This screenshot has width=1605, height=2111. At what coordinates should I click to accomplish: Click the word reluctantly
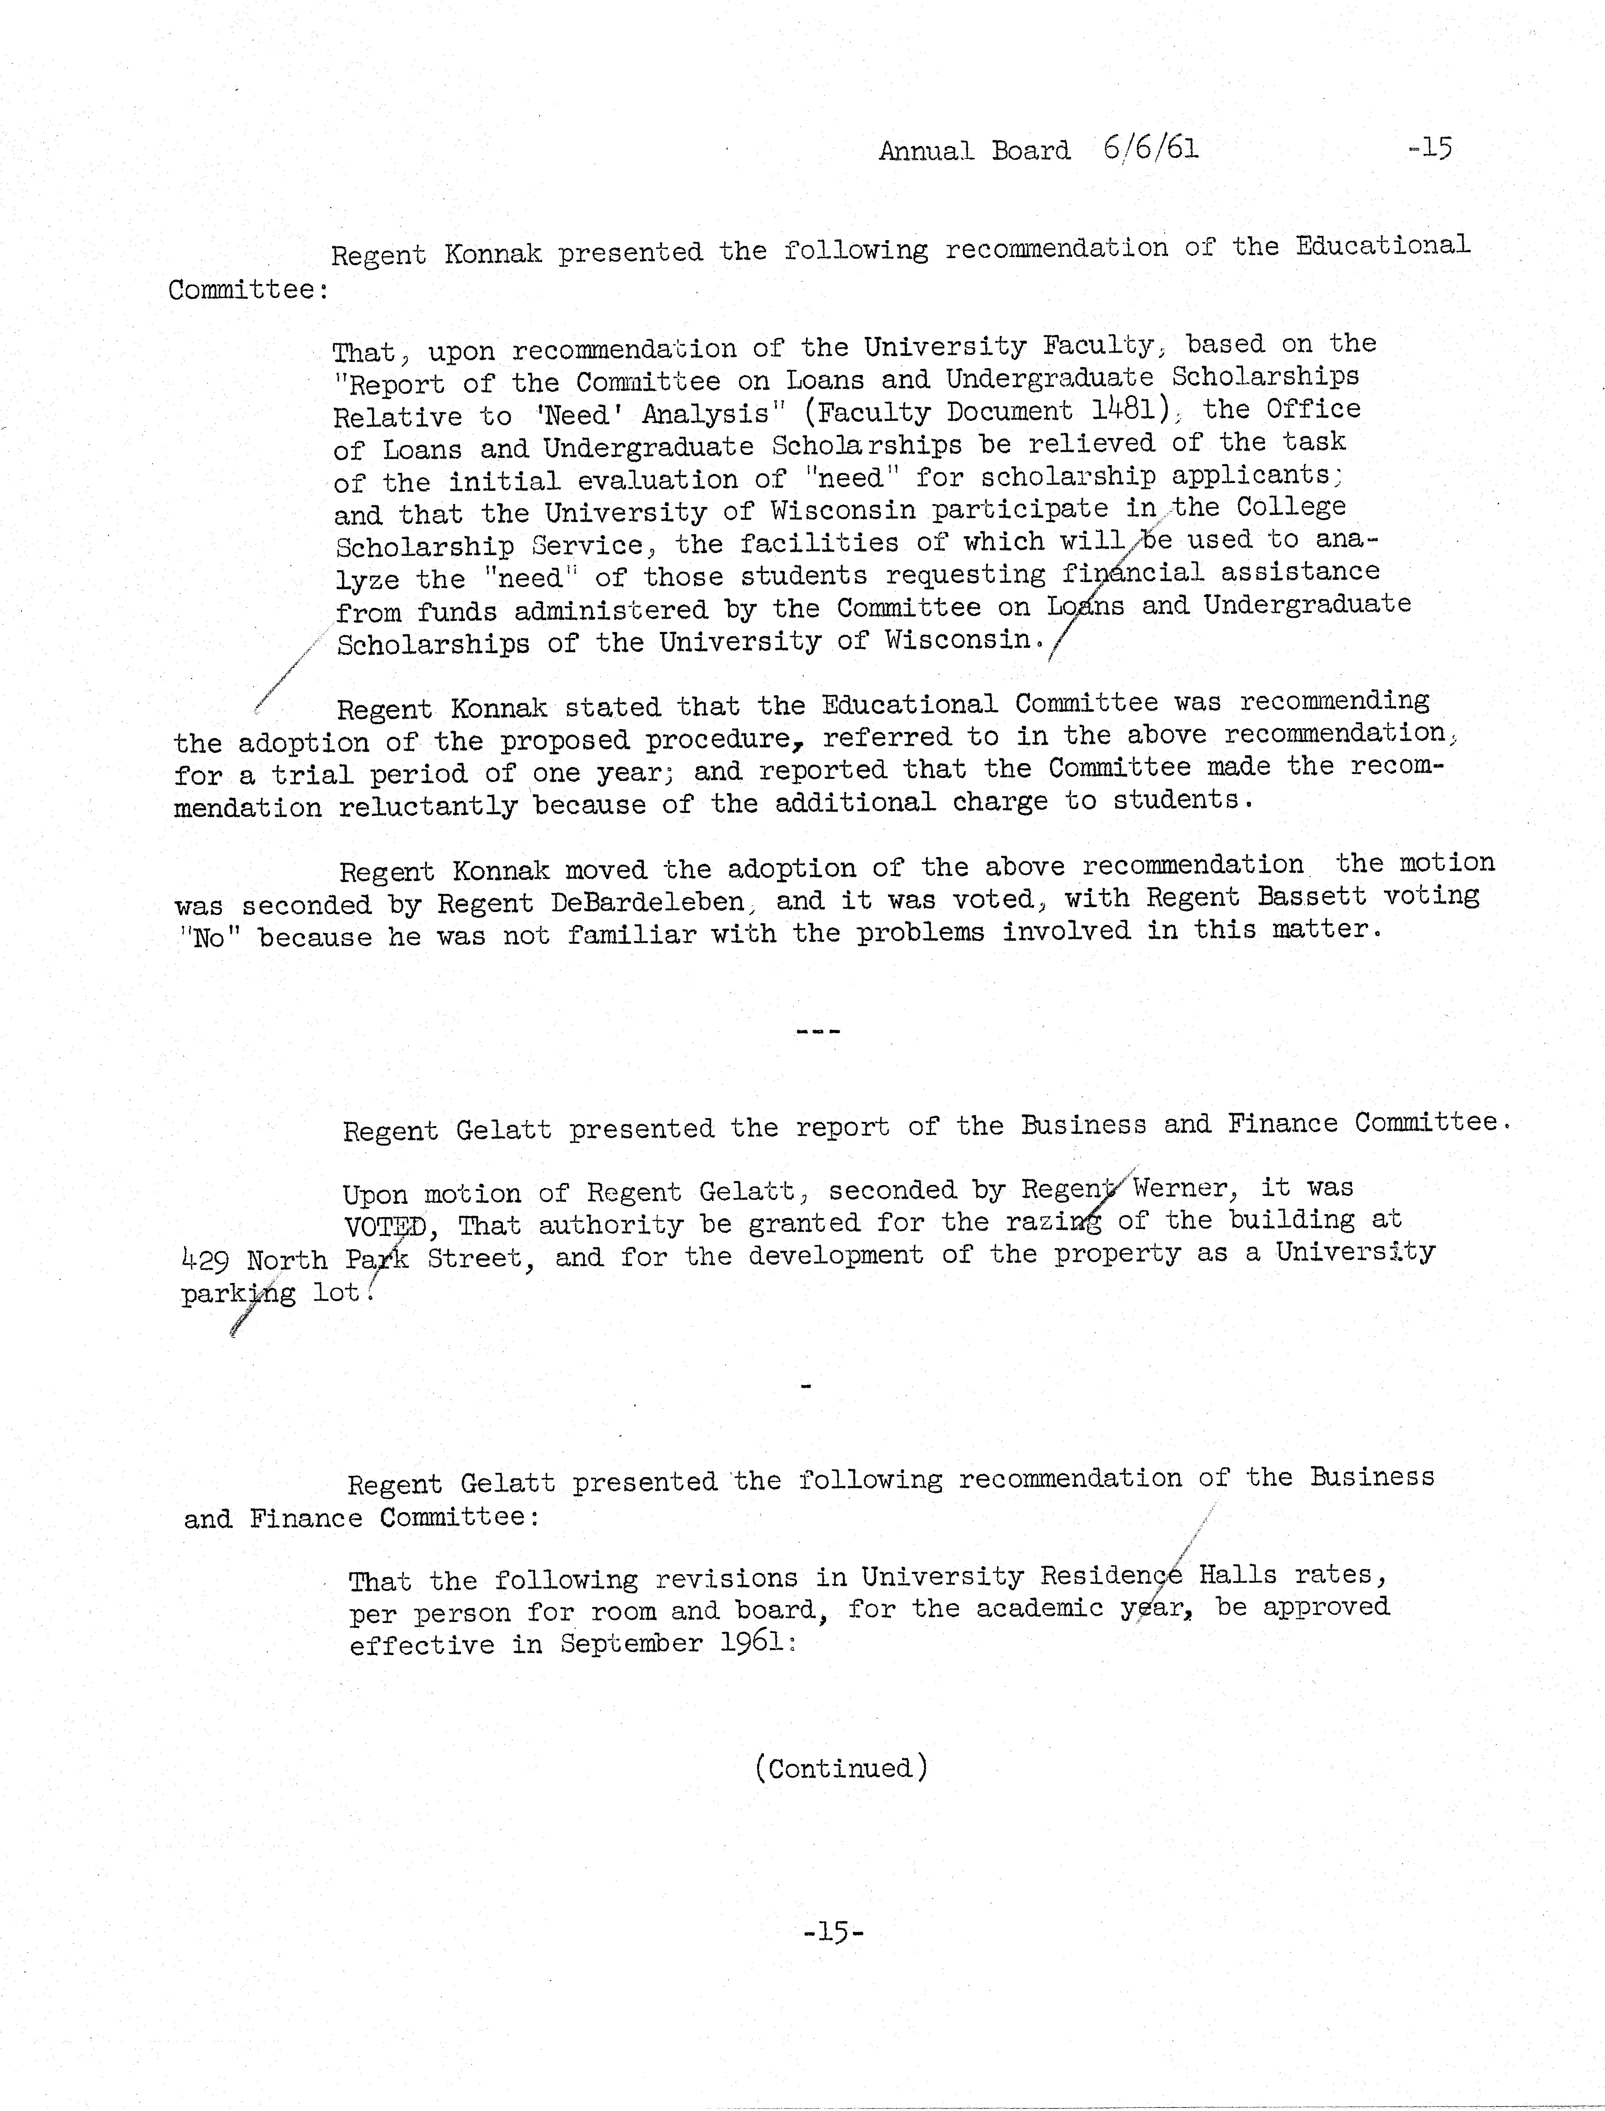click(x=427, y=807)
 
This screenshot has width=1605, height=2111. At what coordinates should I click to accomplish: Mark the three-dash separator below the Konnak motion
click(x=818, y=1032)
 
